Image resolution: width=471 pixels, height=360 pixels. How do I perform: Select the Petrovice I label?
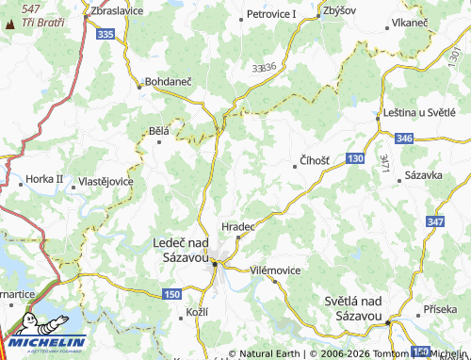(271, 14)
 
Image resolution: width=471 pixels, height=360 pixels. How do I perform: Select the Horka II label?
(44, 178)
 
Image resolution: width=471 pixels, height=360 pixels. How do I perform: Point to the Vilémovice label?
(275, 270)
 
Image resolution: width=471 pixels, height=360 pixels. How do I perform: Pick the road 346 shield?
(404, 139)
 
